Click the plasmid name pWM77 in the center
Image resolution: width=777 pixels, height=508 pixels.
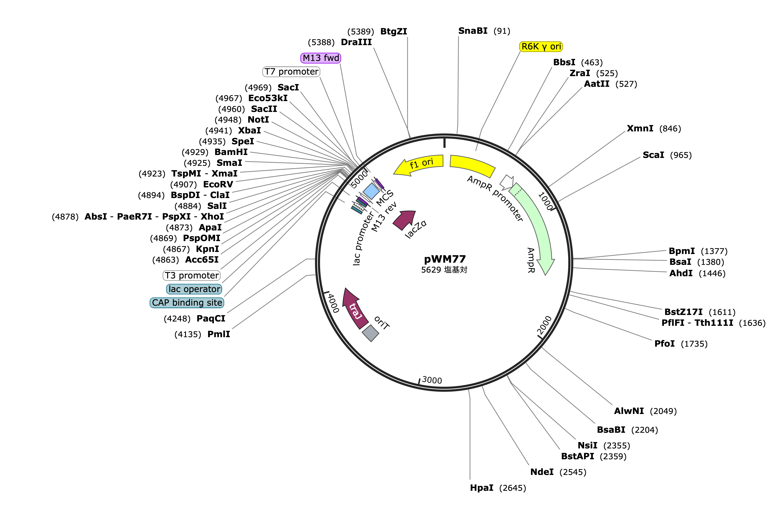(445, 259)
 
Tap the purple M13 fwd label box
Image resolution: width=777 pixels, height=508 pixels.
(321, 58)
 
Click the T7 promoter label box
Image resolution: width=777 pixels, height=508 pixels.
(291, 71)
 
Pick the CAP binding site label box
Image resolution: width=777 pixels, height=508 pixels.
(187, 303)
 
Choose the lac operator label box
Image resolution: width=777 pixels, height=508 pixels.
(194, 289)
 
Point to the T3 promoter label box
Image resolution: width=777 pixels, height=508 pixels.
(192, 276)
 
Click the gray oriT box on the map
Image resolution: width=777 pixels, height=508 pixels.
(371, 333)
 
